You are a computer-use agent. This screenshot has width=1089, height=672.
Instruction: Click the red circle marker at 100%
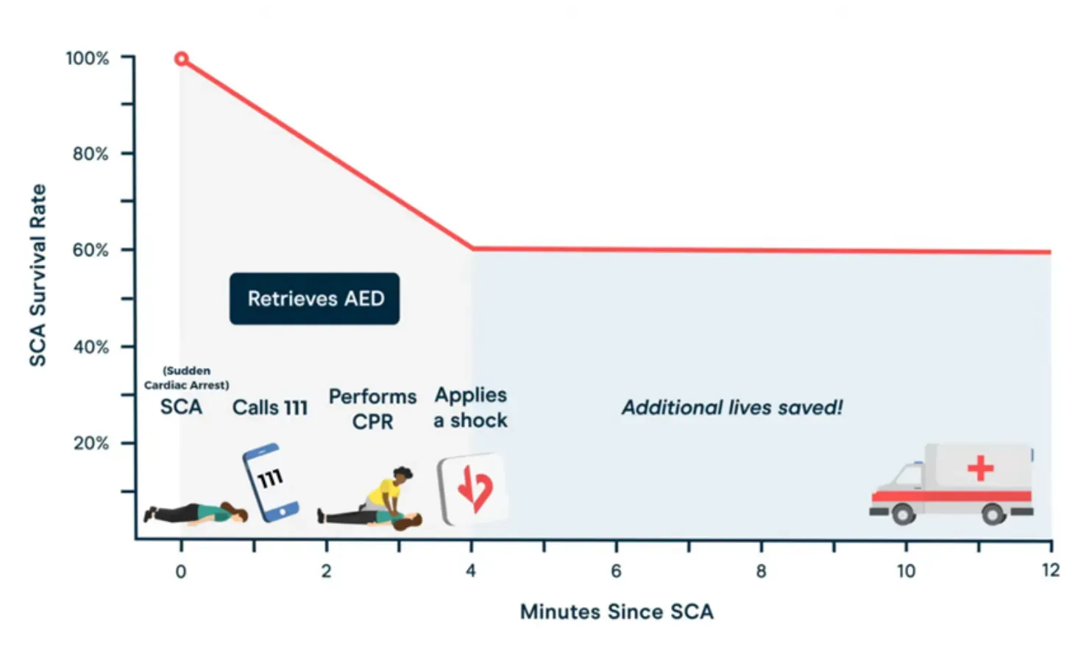tap(181, 59)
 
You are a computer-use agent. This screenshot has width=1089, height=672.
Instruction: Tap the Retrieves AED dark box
tap(314, 299)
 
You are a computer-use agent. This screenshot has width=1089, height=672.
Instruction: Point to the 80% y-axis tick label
tap(91, 154)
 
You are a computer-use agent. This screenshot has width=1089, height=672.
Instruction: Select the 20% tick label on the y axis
tap(91, 443)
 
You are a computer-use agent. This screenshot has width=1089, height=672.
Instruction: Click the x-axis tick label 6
tap(616, 571)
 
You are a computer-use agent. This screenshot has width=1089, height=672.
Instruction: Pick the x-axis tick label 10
tap(907, 571)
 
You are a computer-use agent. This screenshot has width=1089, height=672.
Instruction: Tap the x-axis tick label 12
tap(1051, 570)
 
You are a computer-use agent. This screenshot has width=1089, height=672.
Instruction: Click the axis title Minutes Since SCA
tap(617, 612)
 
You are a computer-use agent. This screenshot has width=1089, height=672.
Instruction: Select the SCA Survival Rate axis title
tap(38, 275)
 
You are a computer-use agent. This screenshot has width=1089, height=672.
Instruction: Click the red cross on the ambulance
tap(980, 468)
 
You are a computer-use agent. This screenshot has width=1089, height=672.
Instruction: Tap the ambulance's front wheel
tap(903, 514)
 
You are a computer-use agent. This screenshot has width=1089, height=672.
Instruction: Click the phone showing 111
tap(270, 482)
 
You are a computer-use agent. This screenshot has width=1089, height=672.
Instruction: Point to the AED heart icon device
tap(472, 489)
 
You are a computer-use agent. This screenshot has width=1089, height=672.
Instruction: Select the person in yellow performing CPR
tap(389, 490)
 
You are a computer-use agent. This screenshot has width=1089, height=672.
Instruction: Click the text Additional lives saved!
tap(732, 408)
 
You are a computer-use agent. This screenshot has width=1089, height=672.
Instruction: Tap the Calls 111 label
tap(270, 408)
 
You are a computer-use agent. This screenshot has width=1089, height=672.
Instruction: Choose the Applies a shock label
tap(471, 408)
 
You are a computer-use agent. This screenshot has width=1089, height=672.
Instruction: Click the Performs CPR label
tap(373, 409)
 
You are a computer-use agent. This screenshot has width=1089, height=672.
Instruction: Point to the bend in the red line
tap(472, 249)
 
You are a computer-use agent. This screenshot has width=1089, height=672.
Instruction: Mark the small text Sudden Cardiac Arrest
tap(187, 378)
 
